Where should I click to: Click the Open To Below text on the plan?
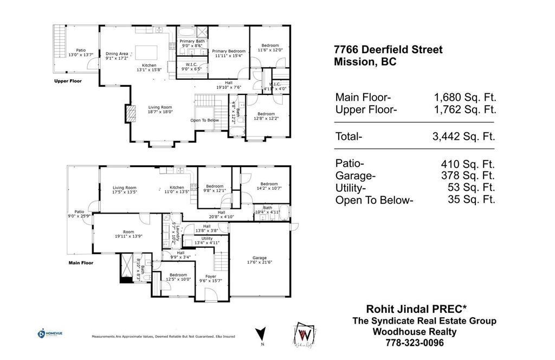[204, 120]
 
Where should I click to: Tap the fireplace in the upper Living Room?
[130, 114]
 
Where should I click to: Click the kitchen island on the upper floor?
[146, 53]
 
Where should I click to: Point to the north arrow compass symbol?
[261, 333]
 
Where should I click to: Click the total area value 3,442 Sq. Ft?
[464, 136]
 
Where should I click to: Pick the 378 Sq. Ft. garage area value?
[468, 176]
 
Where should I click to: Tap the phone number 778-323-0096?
[414, 343]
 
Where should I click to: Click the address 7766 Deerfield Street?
[388, 50]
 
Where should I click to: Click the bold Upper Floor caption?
[68, 81]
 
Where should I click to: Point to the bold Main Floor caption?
[80, 263]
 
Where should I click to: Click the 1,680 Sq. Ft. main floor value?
[464, 98]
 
